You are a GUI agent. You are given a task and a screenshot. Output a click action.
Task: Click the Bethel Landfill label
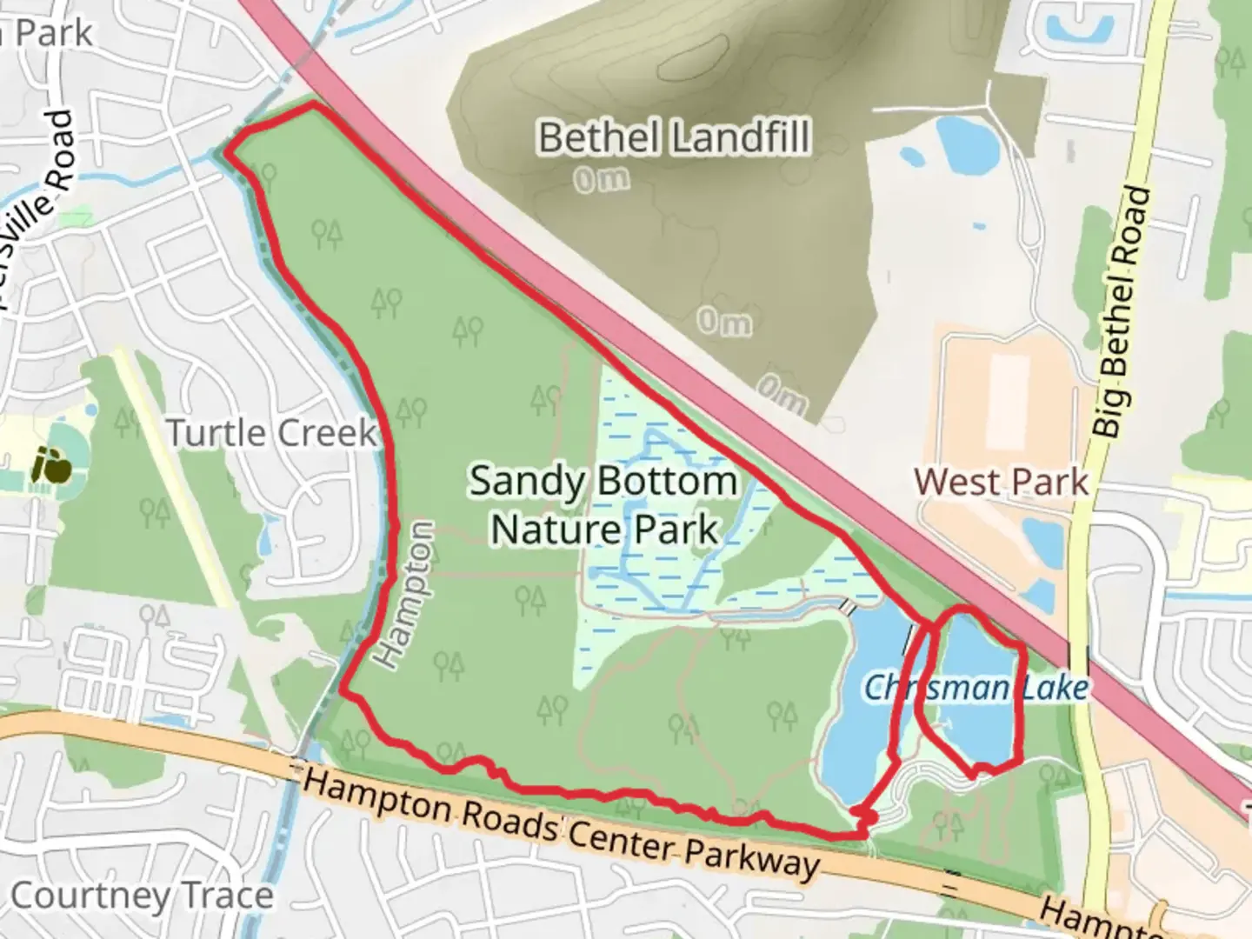pos(674,137)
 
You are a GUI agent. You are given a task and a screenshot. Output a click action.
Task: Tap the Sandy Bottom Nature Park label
pos(603,504)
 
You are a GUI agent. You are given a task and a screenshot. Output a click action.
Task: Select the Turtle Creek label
pos(271,432)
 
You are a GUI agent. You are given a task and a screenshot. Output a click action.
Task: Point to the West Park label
pos(1001,481)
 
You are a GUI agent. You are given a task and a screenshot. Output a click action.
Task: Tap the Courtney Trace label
pos(142,896)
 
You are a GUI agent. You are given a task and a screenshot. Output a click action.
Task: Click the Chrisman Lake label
pos(975,688)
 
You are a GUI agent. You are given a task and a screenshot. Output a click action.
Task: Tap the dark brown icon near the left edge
pos(52,464)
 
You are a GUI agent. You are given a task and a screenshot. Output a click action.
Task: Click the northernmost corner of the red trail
pos(312,105)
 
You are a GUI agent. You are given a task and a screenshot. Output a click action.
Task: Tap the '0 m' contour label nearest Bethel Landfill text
pos(601,180)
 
